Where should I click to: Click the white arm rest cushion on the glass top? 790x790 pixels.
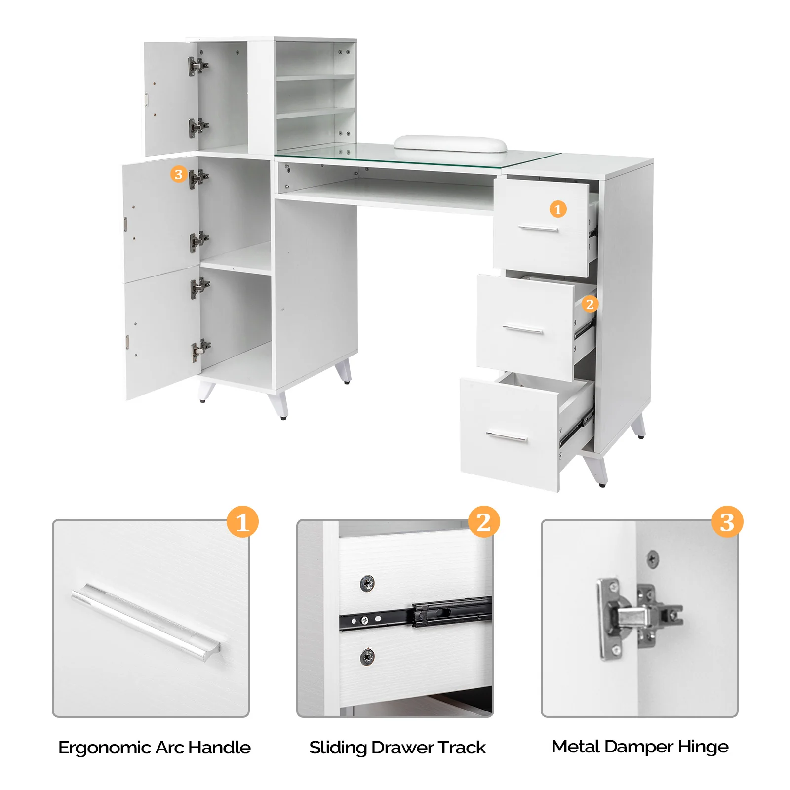click(450, 144)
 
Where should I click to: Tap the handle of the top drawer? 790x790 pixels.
click(538, 228)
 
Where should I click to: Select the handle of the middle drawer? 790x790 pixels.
click(522, 329)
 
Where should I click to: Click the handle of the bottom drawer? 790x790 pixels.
click(506, 436)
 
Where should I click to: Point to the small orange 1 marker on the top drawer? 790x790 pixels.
click(558, 209)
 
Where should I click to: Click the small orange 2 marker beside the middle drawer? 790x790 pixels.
click(590, 304)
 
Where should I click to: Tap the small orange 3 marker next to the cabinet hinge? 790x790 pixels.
click(178, 174)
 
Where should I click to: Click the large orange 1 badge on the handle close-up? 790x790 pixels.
click(242, 522)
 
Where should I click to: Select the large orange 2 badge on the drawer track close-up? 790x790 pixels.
click(484, 522)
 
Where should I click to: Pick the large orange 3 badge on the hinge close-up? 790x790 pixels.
click(727, 522)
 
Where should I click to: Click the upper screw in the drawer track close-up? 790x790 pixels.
click(367, 584)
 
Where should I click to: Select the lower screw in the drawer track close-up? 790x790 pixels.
click(367, 657)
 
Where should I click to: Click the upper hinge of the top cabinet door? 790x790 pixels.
click(197, 65)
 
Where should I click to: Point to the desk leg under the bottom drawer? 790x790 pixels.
click(596, 470)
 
